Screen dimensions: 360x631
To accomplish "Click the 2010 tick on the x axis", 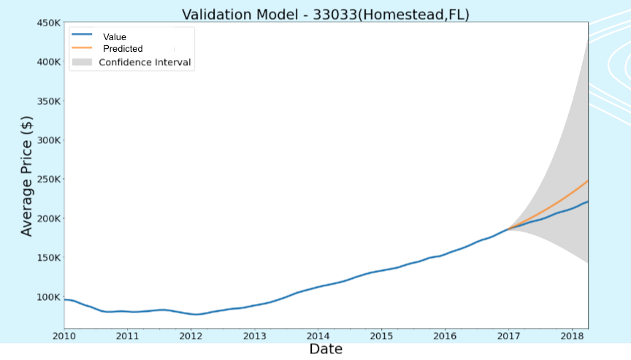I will pos(64,336).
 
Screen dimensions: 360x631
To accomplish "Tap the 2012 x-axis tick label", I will pos(191,336).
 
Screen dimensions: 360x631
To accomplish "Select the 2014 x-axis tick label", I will pos(318,336).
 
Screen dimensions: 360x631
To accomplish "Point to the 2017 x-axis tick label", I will pos(508,336).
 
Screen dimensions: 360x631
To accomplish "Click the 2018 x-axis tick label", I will pos(571,336).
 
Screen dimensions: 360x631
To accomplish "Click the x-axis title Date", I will pos(325,349).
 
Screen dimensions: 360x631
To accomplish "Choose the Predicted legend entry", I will pos(123,49).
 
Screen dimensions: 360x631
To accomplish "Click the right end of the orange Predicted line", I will pos(588,180).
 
